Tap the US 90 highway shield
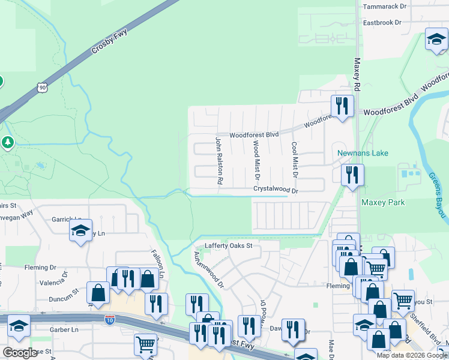point(41,88)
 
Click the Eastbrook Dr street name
point(385,23)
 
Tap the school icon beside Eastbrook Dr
point(436,41)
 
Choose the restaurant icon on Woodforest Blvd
point(342,107)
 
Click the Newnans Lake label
point(362,153)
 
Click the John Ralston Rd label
point(220,160)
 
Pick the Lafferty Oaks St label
point(229,245)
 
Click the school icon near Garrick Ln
point(80,230)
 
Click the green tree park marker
point(7,143)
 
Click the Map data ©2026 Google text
point(411,355)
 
